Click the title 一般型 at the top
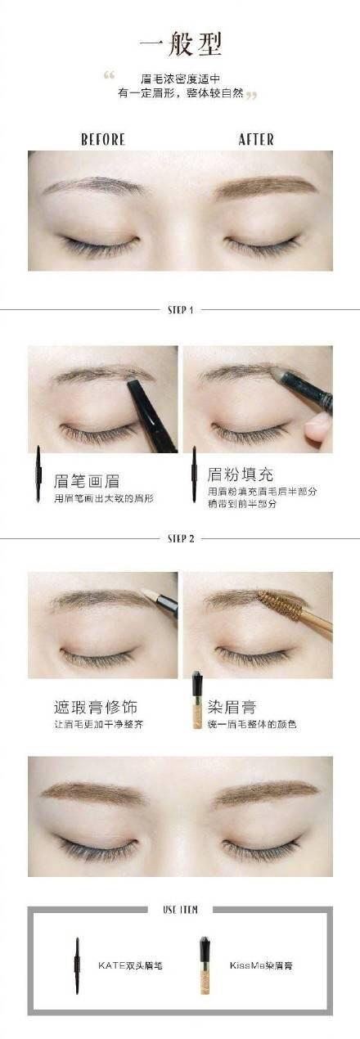click(x=181, y=44)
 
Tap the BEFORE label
click(x=103, y=140)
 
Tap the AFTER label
click(x=256, y=140)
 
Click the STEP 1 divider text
click(x=180, y=310)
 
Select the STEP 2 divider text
click(x=181, y=538)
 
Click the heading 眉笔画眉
click(x=87, y=481)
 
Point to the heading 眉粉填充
click(x=241, y=475)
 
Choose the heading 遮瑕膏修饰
click(x=96, y=708)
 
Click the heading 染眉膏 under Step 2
click(x=232, y=708)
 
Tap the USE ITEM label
click(x=180, y=910)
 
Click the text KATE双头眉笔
click(x=130, y=965)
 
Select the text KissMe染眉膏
click(x=261, y=965)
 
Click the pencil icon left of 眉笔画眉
click(x=38, y=474)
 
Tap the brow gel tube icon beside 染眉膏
click(x=197, y=700)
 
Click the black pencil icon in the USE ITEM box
click(x=77, y=965)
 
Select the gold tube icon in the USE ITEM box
click(x=205, y=965)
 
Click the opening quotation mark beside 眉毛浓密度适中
click(x=109, y=75)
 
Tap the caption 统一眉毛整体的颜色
click(x=252, y=724)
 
